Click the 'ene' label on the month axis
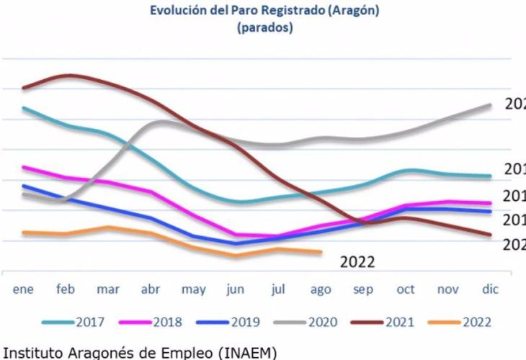pos(24,289)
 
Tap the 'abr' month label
pos(150,289)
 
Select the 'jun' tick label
pos(235,289)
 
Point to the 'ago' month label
pos(321,289)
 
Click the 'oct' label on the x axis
pos(406,289)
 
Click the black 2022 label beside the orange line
pos(357,262)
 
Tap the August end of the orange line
pos(320,252)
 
